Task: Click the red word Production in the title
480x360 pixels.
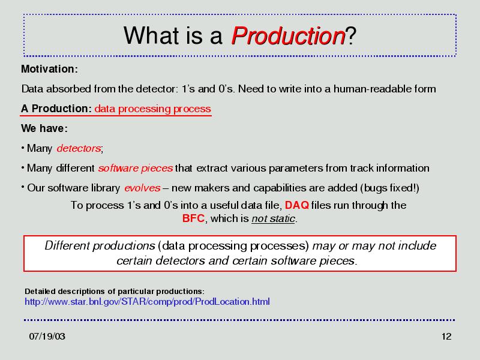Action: pyautogui.click(x=289, y=36)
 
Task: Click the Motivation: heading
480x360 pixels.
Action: pyautogui.click(x=49, y=69)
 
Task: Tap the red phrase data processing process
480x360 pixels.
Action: pyautogui.click(x=153, y=109)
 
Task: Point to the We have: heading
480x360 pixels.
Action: pyautogui.click(x=44, y=128)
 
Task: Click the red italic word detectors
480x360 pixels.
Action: pyautogui.click(x=79, y=148)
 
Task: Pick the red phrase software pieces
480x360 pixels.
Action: pyautogui.click(x=136, y=169)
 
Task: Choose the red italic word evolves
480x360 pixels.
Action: pyautogui.click(x=142, y=188)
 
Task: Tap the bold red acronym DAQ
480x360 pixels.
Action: pyautogui.click(x=297, y=205)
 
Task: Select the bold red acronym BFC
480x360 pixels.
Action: pyautogui.click(x=193, y=218)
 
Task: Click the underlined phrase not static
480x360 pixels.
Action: pyautogui.click(x=274, y=218)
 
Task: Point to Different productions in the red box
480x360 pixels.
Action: pyautogui.click(x=100, y=245)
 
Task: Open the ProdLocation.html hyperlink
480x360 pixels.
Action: pyautogui.click(x=147, y=302)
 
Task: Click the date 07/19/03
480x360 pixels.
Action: pyautogui.click(x=47, y=337)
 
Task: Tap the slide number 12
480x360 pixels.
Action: pyautogui.click(x=446, y=337)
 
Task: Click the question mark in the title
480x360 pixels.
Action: pyautogui.click(x=351, y=36)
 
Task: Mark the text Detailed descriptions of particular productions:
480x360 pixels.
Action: pyautogui.click(x=115, y=291)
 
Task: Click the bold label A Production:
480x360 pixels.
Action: pyautogui.click(x=56, y=109)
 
